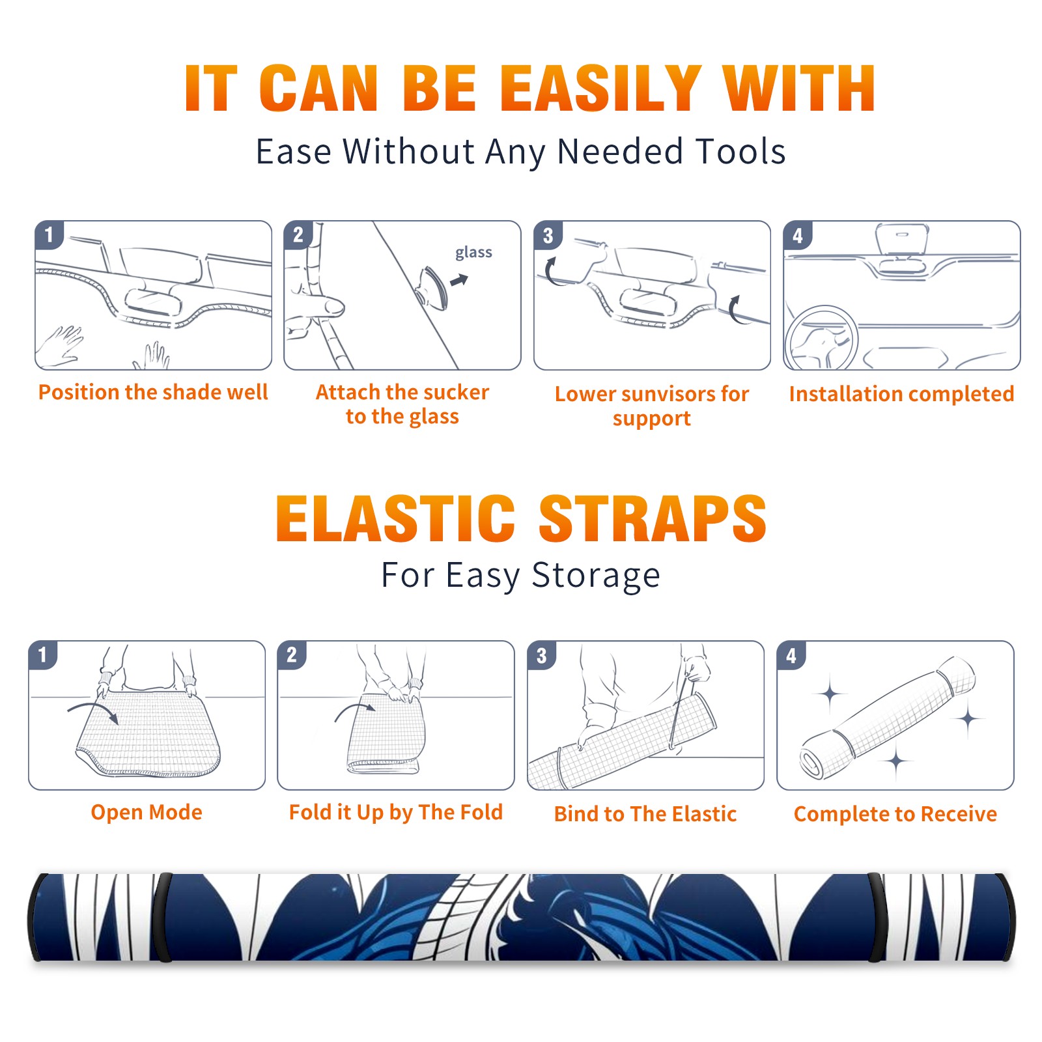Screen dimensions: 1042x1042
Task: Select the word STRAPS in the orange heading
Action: pos(653,518)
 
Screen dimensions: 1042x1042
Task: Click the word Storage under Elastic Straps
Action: pos(596,576)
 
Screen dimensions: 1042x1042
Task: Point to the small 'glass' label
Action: pos(473,253)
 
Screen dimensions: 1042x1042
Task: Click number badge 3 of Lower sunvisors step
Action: pos(548,236)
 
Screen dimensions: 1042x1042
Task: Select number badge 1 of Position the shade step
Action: pos(49,235)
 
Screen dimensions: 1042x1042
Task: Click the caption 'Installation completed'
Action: pos(901,393)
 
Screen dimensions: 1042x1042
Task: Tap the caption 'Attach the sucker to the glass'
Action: pos(402,404)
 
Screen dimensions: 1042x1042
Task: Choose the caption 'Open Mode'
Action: pos(147,812)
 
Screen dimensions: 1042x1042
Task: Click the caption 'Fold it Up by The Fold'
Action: pos(396,812)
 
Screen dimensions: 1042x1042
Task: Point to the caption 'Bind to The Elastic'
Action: pos(645,813)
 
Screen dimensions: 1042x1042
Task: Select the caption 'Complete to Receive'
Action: pos(895,814)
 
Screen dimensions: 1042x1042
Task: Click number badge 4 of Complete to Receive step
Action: pos(791,656)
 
